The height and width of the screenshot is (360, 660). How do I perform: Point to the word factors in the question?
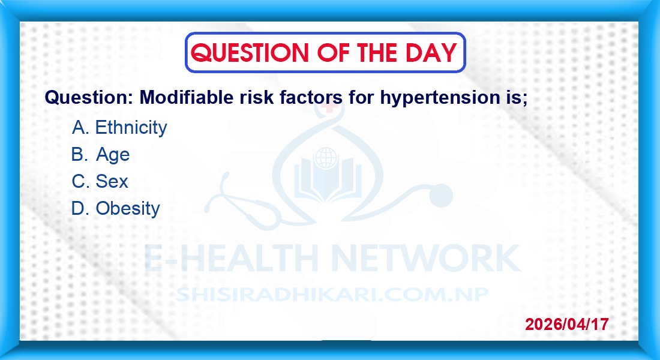pyautogui.click(x=311, y=97)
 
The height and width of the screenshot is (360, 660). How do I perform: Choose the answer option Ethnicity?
pyautogui.click(x=131, y=127)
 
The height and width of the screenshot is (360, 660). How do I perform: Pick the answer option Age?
pyautogui.click(x=113, y=155)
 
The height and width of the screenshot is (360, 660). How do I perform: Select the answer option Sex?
pyautogui.click(x=112, y=181)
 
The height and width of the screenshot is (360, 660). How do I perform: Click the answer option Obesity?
pyautogui.click(x=128, y=208)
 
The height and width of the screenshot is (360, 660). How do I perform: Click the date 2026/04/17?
pyautogui.click(x=566, y=324)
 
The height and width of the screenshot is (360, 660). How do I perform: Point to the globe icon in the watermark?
pyautogui.click(x=326, y=158)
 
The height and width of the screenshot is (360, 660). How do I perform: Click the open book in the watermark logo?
pyautogui.click(x=327, y=182)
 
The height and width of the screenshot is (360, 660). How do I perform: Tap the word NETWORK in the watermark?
pyautogui.click(x=425, y=257)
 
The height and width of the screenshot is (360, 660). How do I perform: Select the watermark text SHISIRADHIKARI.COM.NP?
pyautogui.click(x=332, y=295)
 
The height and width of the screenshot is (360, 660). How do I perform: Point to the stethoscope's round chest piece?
pyautogui.click(x=441, y=196)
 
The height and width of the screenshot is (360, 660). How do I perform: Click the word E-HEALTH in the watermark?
pyautogui.click(x=231, y=257)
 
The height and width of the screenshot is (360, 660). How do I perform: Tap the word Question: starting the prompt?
pyautogui.click(x=89, y=98)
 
